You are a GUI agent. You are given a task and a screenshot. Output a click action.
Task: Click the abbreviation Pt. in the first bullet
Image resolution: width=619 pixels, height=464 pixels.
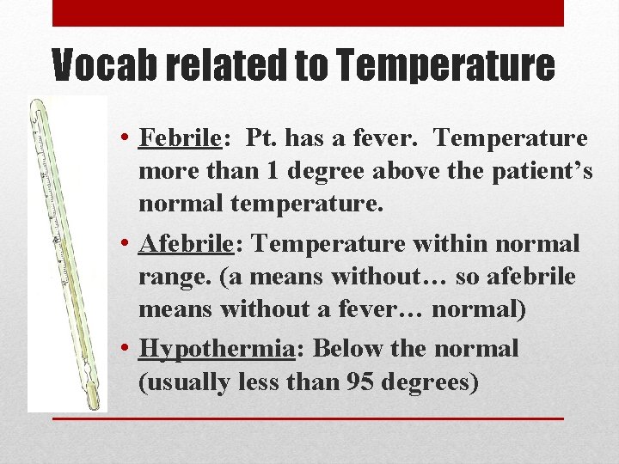264,138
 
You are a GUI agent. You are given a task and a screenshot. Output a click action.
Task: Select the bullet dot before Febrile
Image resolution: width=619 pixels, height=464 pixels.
126,138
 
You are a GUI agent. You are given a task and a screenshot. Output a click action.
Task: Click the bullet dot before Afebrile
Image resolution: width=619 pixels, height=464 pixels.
126,244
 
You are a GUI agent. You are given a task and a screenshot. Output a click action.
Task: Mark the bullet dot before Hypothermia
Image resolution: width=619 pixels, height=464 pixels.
126,349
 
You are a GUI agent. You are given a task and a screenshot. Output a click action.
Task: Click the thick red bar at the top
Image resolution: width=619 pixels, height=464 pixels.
308,13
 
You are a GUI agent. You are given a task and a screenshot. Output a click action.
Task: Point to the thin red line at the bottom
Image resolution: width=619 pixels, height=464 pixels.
308,418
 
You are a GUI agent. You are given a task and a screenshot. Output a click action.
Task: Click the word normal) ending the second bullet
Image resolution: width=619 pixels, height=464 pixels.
478,309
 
